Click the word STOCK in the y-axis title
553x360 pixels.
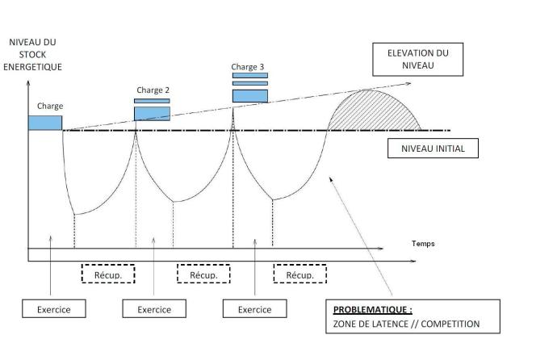tap(32, 54)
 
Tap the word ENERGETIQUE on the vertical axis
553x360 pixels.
tap(32, 66)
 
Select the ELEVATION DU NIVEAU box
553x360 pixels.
tap(417, 58)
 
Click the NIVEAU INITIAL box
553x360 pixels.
tap(433, 149)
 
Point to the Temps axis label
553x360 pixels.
tap(422, 243)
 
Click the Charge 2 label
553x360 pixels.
tap(153, 90)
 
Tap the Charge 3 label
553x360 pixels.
tap(247, 67)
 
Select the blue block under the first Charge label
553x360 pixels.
tap(45, 123)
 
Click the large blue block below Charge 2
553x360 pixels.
tap(152, 113)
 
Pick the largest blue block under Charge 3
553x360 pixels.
tap(249, 96)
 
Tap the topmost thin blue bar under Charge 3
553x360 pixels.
tap(249, 75)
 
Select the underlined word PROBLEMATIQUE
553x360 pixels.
tap(372, 309)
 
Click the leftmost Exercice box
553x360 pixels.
tap(54, 309)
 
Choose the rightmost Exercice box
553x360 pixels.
tap(254, 309)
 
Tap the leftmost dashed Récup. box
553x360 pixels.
tap(107, 275)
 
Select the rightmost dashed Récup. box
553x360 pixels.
tap(300, 275)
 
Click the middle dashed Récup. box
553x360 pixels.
tap(203, 275)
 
